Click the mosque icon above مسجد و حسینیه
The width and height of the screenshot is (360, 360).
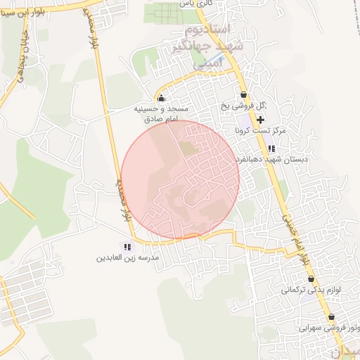point(161,98)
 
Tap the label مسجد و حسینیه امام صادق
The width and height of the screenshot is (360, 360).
point(162,115)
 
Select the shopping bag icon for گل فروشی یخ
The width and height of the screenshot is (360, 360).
point(244,95)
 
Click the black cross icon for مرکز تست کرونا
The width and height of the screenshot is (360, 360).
point(260,120)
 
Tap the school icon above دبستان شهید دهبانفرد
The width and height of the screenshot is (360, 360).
point(271,148)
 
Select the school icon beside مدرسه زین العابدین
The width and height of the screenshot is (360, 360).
point(127,247)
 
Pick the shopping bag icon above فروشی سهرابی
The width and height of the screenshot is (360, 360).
point(331,317)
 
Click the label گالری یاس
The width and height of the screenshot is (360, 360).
point(197,4)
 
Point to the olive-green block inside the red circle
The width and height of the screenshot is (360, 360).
point(186,148)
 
